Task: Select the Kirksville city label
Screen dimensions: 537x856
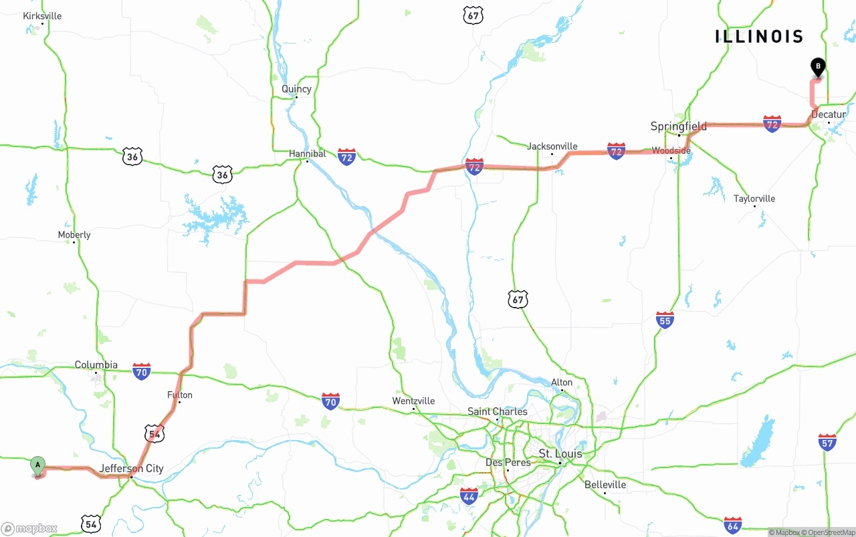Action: pyautogui.click(x=42, y=16)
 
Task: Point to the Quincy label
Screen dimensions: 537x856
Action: pyautogui.click(x=296, y=89)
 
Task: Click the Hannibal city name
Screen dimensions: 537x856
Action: pyautogui.click(x=307, y=154)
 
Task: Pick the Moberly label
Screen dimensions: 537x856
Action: pyautogui.click(x=74, y=235)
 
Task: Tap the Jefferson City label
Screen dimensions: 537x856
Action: pyautogui.click(x=132, y=469)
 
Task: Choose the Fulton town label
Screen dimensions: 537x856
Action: pyautogui.click(x=180, y=395)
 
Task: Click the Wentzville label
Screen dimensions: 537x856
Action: pyautogui.click(x=413, y=401)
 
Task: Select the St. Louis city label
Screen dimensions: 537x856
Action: pyautogui.click(x=560, y=454)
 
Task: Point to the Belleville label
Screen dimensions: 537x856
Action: pyautogui.click(x=605, y=485)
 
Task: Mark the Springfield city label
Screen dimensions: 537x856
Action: pyautogui.click(x=679, y=126)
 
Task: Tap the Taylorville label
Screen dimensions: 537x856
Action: pyautogui.click(x=754, y=199)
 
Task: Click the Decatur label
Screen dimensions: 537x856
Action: pyautogui.click(x=829, y=114)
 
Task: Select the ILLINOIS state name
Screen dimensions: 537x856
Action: pyautogui.click(x=759, y=36)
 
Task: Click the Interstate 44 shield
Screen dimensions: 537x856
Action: pyautogui.click(x=469, y=496)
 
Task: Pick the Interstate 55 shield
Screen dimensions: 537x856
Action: pyautogui.click(x=665, y=320)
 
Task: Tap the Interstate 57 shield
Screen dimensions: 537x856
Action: pyautogui.click(x=827, y=442)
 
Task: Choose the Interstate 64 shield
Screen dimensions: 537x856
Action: pyautogui.click(x=732, y=525)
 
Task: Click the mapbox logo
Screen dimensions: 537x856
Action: pyautogui.click(x=29, y=529)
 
